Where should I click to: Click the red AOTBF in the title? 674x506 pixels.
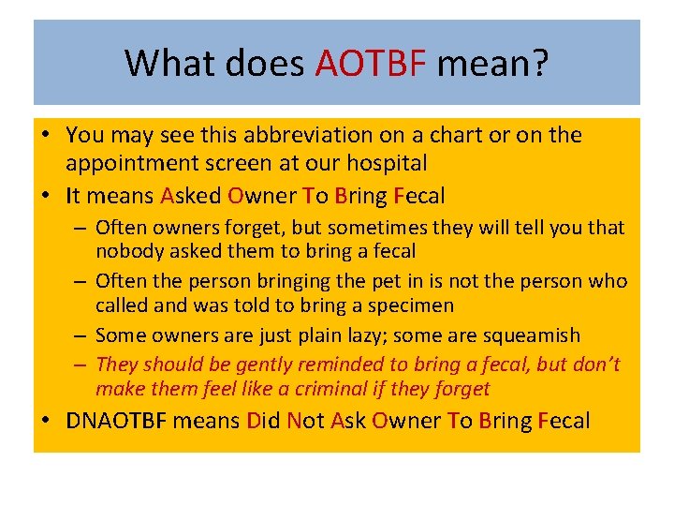point(371,64)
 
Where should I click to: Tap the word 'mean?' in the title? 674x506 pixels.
point(492,64)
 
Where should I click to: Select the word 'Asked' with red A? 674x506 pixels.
point(190,196)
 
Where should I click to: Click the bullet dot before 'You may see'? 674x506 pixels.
point(46,136)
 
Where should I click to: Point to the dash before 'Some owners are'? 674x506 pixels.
point(82,335)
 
